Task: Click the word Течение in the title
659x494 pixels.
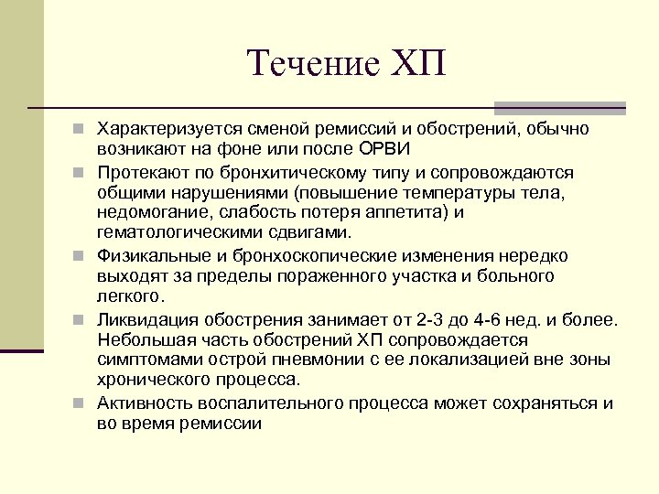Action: coord(308,63)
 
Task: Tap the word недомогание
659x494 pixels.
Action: coord(149,213)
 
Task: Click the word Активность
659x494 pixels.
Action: coord(144,403)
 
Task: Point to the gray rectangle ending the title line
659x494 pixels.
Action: coord(594,108)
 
